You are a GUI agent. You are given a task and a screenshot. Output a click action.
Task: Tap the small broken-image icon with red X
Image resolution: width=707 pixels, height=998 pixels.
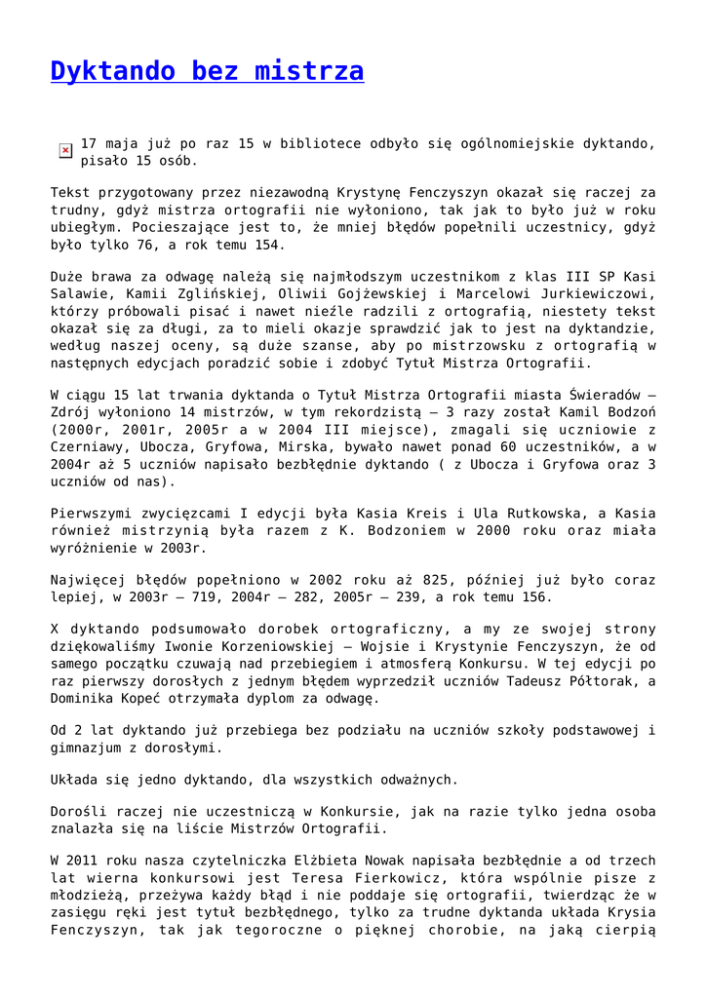(x=65, y=150)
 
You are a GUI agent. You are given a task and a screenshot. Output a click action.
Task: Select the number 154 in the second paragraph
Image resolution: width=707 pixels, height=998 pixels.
(x=268, y=245)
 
